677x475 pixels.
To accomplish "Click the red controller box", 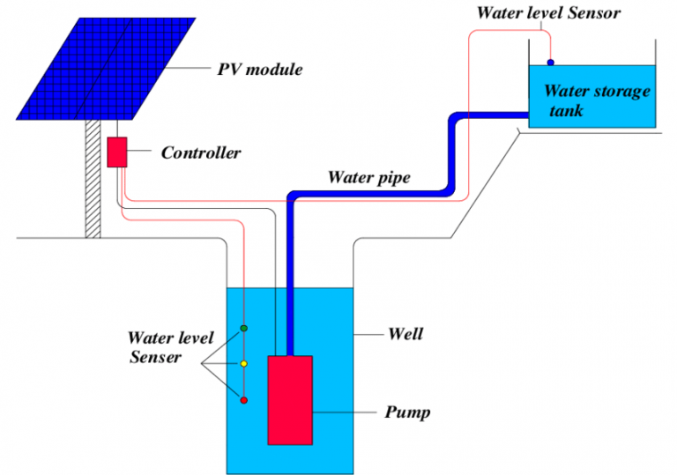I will point(116,152).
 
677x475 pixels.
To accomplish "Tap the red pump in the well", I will point(290,399).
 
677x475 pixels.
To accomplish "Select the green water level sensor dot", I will point(244,329).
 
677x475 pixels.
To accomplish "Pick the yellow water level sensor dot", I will point(244,364).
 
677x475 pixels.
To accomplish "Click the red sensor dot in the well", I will point(244,400).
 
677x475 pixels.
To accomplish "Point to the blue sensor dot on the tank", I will point(551,63).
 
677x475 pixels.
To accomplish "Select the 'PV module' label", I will point(259,70).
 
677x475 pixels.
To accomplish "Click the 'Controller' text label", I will point(200,153).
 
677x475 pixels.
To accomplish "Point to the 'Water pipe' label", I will point(369,177).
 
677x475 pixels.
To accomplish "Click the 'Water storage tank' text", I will point(596,100).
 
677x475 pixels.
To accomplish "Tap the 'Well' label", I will point(405,334).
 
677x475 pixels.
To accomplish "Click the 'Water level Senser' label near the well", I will point(159,347).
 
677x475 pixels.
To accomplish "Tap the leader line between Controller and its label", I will point(139,152).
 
